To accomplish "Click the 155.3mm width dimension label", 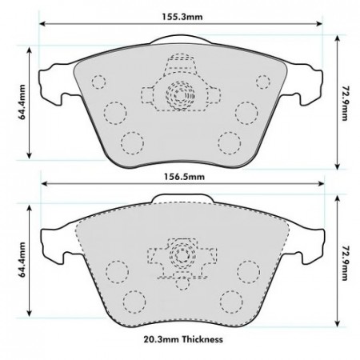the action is (182, 17).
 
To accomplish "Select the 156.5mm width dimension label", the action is (184, 177).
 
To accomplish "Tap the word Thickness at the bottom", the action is (202, 339).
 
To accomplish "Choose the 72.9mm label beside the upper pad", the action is (345, 103).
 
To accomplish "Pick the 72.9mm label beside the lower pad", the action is (345, 262).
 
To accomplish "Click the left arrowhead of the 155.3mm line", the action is (42, 24).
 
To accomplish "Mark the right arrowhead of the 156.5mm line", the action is (321, 183).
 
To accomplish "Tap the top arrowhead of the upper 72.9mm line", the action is (338, 38).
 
